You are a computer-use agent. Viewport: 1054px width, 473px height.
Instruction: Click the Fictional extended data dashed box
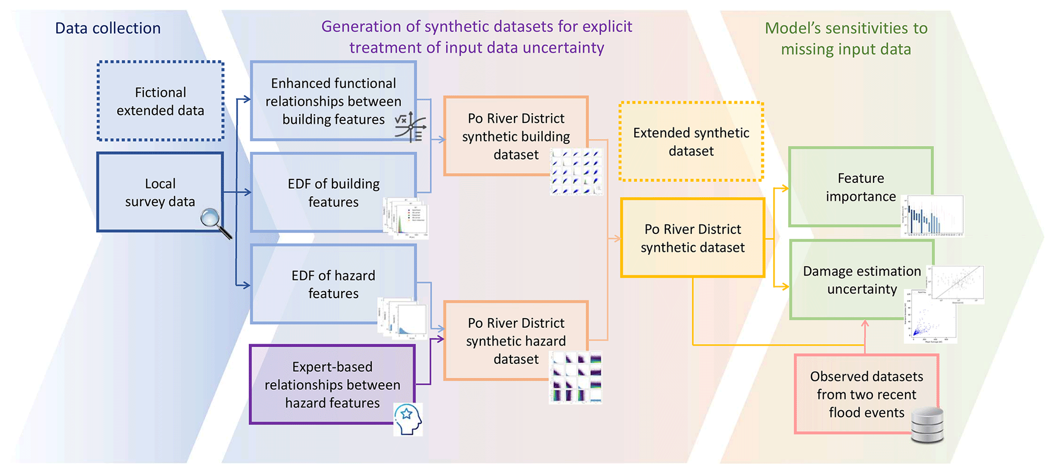coord(160,101)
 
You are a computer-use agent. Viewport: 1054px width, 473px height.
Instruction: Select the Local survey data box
coord(160,192)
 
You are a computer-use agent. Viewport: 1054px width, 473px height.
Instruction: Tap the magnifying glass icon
coord(215,222)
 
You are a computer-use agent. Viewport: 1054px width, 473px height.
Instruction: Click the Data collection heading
coord(108,28)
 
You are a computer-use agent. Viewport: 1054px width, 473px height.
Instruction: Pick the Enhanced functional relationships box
coord(333,101)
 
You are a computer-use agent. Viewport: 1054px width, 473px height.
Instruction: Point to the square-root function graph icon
coord(410,126)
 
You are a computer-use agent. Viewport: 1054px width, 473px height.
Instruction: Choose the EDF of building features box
coord(333,193)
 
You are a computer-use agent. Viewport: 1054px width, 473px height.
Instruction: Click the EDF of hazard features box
coord(333,284)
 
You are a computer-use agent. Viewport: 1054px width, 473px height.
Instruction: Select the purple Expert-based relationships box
coord(332,384)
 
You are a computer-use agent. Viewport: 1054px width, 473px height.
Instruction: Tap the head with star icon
coord(408,419)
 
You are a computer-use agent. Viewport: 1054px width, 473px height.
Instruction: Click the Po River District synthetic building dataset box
coord(516,136)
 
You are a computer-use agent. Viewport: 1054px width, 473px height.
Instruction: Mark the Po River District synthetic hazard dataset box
coord(516,340)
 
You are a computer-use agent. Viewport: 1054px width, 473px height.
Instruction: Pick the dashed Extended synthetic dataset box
coord(691,142)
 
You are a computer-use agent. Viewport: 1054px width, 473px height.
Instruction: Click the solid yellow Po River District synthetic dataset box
coord(692,238)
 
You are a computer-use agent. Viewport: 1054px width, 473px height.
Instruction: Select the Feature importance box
coord(860,187)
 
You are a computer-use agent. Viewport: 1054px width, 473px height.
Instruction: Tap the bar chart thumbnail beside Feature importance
coord(933,216)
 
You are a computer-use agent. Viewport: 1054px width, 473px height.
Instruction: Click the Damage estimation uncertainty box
coord(861,280)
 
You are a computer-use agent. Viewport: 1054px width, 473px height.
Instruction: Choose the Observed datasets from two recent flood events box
coord(866,394)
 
